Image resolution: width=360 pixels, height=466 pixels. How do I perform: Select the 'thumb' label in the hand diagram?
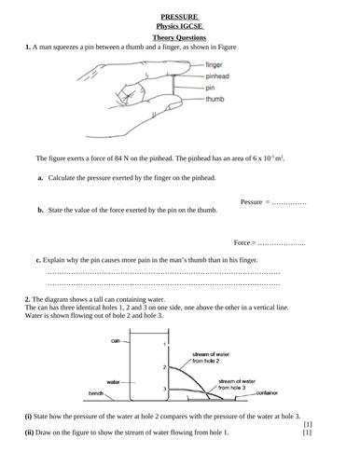(x=214, y=97)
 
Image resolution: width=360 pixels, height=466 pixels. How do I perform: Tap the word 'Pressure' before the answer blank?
(x=254, y=201)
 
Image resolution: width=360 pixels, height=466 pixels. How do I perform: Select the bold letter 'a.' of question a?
(x=41, y=177)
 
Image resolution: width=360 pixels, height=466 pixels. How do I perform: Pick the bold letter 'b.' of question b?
(x=41, y=211)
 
